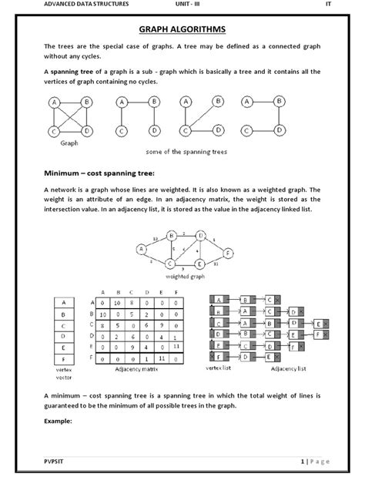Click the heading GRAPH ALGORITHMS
tap(182, 30)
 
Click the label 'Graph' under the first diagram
tap(70, 143)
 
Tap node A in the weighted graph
tap(142, 248)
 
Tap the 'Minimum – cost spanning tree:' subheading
tap(99, 173)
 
